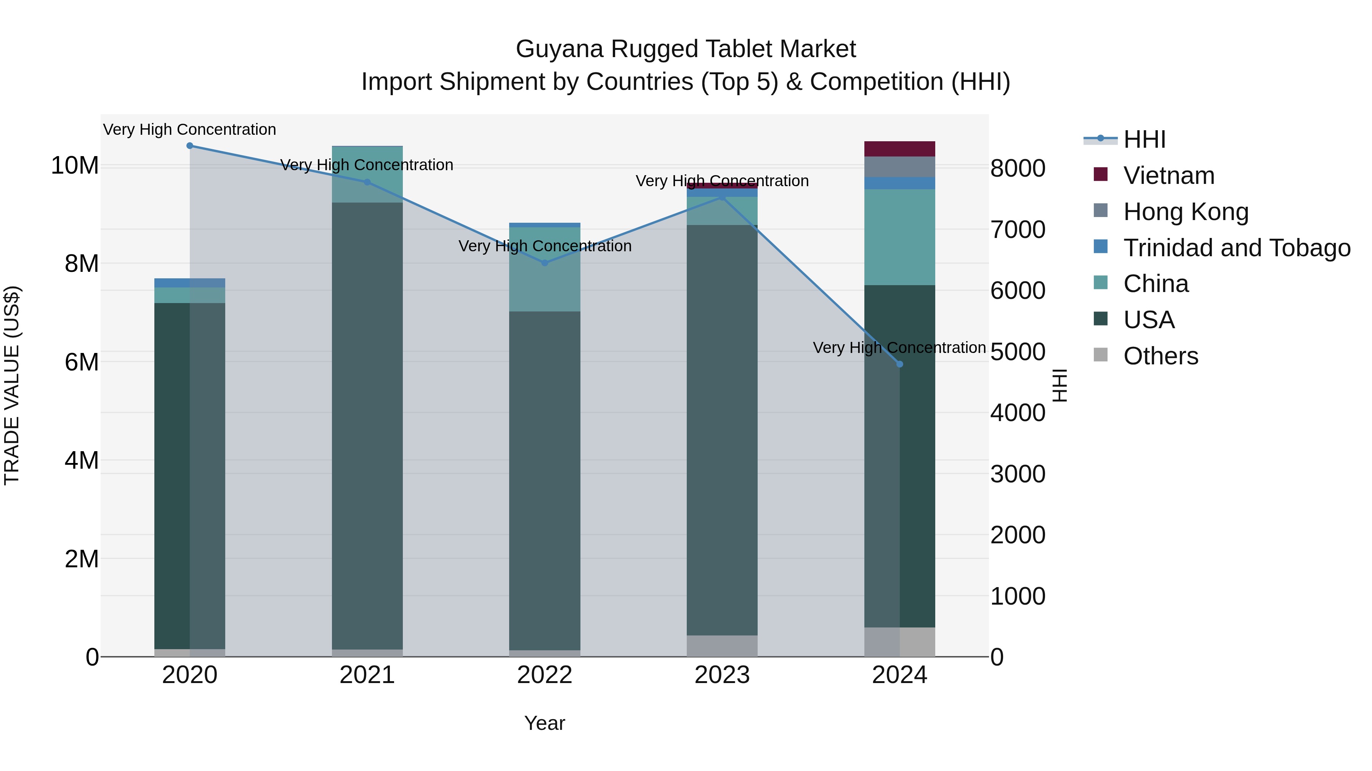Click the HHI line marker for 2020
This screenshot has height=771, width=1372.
point(190,146)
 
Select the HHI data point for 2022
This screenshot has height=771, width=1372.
point(544,263)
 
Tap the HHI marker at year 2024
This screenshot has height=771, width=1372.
point(899,364)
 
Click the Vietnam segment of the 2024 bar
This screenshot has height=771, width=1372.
point(899,149)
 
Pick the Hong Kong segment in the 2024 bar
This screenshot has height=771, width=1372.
point(899,166)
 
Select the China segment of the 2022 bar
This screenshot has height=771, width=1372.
point(544,269)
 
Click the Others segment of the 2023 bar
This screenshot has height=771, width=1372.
point(722,646)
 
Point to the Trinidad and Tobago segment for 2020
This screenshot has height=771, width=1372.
point(190,283)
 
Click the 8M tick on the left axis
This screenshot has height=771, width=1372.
point(82,264)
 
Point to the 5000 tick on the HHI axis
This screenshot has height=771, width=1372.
point(1017,352)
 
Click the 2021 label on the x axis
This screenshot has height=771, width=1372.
point(367,675)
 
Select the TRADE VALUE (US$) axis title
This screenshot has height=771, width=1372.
point(12,385)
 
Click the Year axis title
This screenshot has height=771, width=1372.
point(544,723)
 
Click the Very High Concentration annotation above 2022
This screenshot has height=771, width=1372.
point(544,246)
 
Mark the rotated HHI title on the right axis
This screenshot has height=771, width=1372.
point(1060,385)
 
